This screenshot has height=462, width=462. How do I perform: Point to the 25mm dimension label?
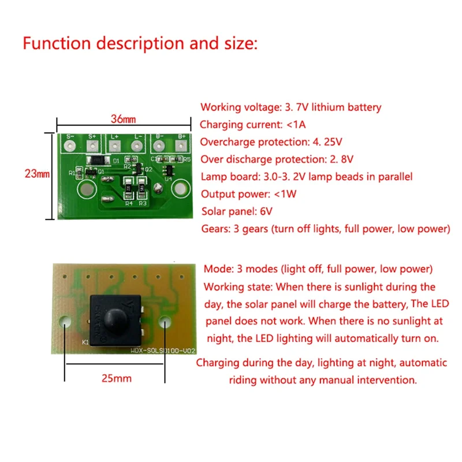tap(115, 379)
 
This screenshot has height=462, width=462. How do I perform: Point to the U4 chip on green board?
tap(169, 170)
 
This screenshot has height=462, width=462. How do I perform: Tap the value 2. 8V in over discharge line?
tap(341, 159)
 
